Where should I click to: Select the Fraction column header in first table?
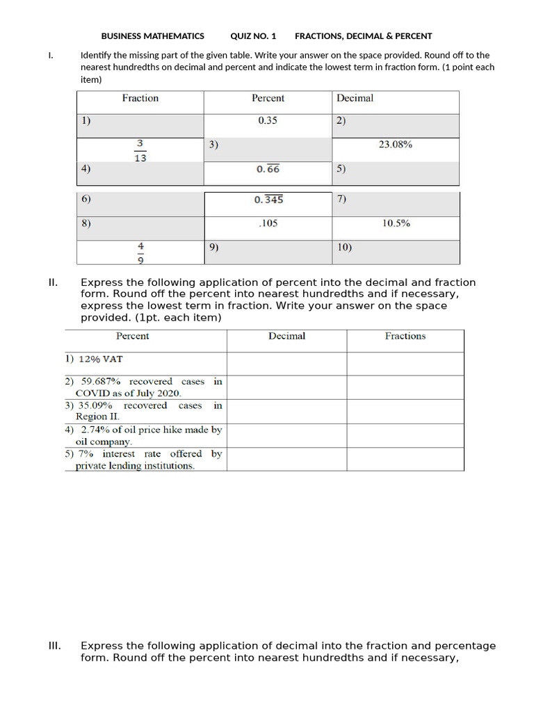pyautogui.click(x=140, y=99)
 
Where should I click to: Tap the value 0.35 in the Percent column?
pyautogui.click(x=268, y=120)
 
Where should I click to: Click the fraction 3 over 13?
pyautogui.click(x=140, y=150)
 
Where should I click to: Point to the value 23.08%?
pyautogui.click(x=395, y=145)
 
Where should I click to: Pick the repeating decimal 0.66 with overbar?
pyautogui.click(x=268, y=169)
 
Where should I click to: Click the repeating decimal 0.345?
pyautogui.click(x=268, y=200)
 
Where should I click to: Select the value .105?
pyautogui.click(x=268, y=224)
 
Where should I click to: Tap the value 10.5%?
pyautogui.click(x=396, y=224)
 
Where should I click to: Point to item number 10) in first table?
pyautogui.click(x=344, y=247)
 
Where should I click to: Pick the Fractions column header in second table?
pyautogui.click(x=405, y=337)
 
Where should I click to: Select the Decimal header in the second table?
pyautogui.click(x=286, y=337)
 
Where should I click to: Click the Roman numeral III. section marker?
pyautogui.click(x=55, y=646)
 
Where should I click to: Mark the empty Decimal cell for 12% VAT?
pyautogui.click(x=286, y=364)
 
